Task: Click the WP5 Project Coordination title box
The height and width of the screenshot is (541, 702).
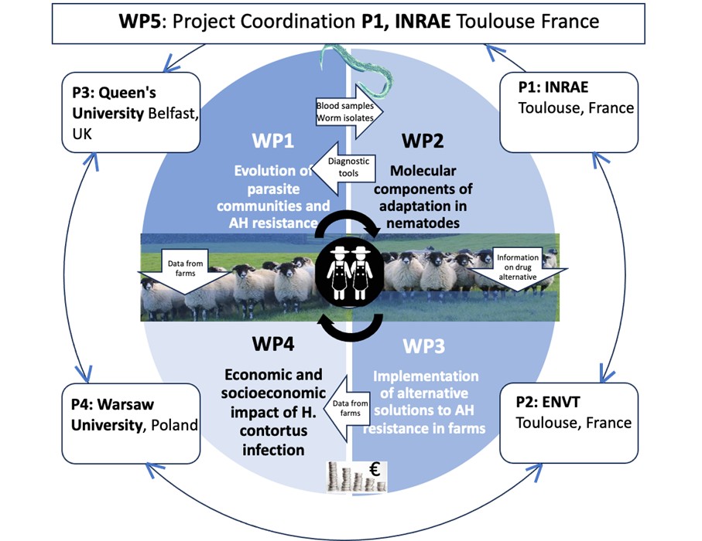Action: click(x=358, y=22)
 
